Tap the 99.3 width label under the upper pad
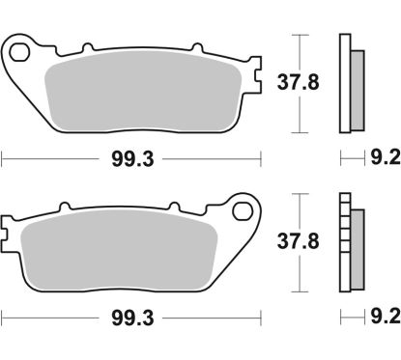132,156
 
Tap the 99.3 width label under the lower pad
132,316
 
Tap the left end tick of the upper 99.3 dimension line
3,156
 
